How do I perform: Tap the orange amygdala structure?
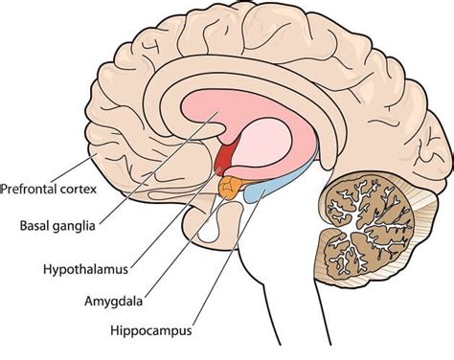[x=231, y=186]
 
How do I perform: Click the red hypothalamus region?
[x=227, y=155]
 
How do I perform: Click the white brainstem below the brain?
[x=287, y=287]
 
